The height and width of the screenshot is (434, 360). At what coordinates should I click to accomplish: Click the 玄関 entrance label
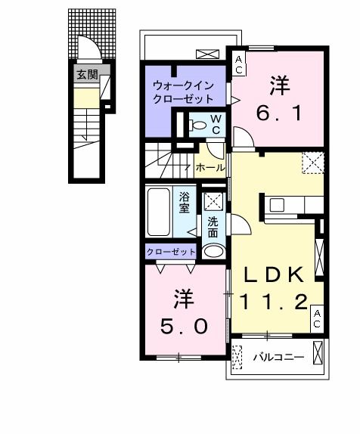87,74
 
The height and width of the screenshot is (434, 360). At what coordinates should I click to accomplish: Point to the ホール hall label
209,167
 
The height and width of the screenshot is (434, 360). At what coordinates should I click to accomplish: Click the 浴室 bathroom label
185,203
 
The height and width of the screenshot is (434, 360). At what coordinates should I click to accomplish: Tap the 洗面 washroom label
213,228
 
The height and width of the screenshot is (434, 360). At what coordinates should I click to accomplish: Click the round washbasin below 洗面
214,252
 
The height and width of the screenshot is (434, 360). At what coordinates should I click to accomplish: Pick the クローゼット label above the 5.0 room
171,252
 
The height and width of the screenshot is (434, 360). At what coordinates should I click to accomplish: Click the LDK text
273,274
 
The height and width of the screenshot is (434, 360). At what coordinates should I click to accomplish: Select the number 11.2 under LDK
274,302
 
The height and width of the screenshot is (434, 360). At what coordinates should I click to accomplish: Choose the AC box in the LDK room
318,318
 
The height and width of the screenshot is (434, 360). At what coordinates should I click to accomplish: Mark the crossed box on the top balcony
206,54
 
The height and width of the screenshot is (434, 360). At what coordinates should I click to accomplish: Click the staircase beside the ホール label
166,161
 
